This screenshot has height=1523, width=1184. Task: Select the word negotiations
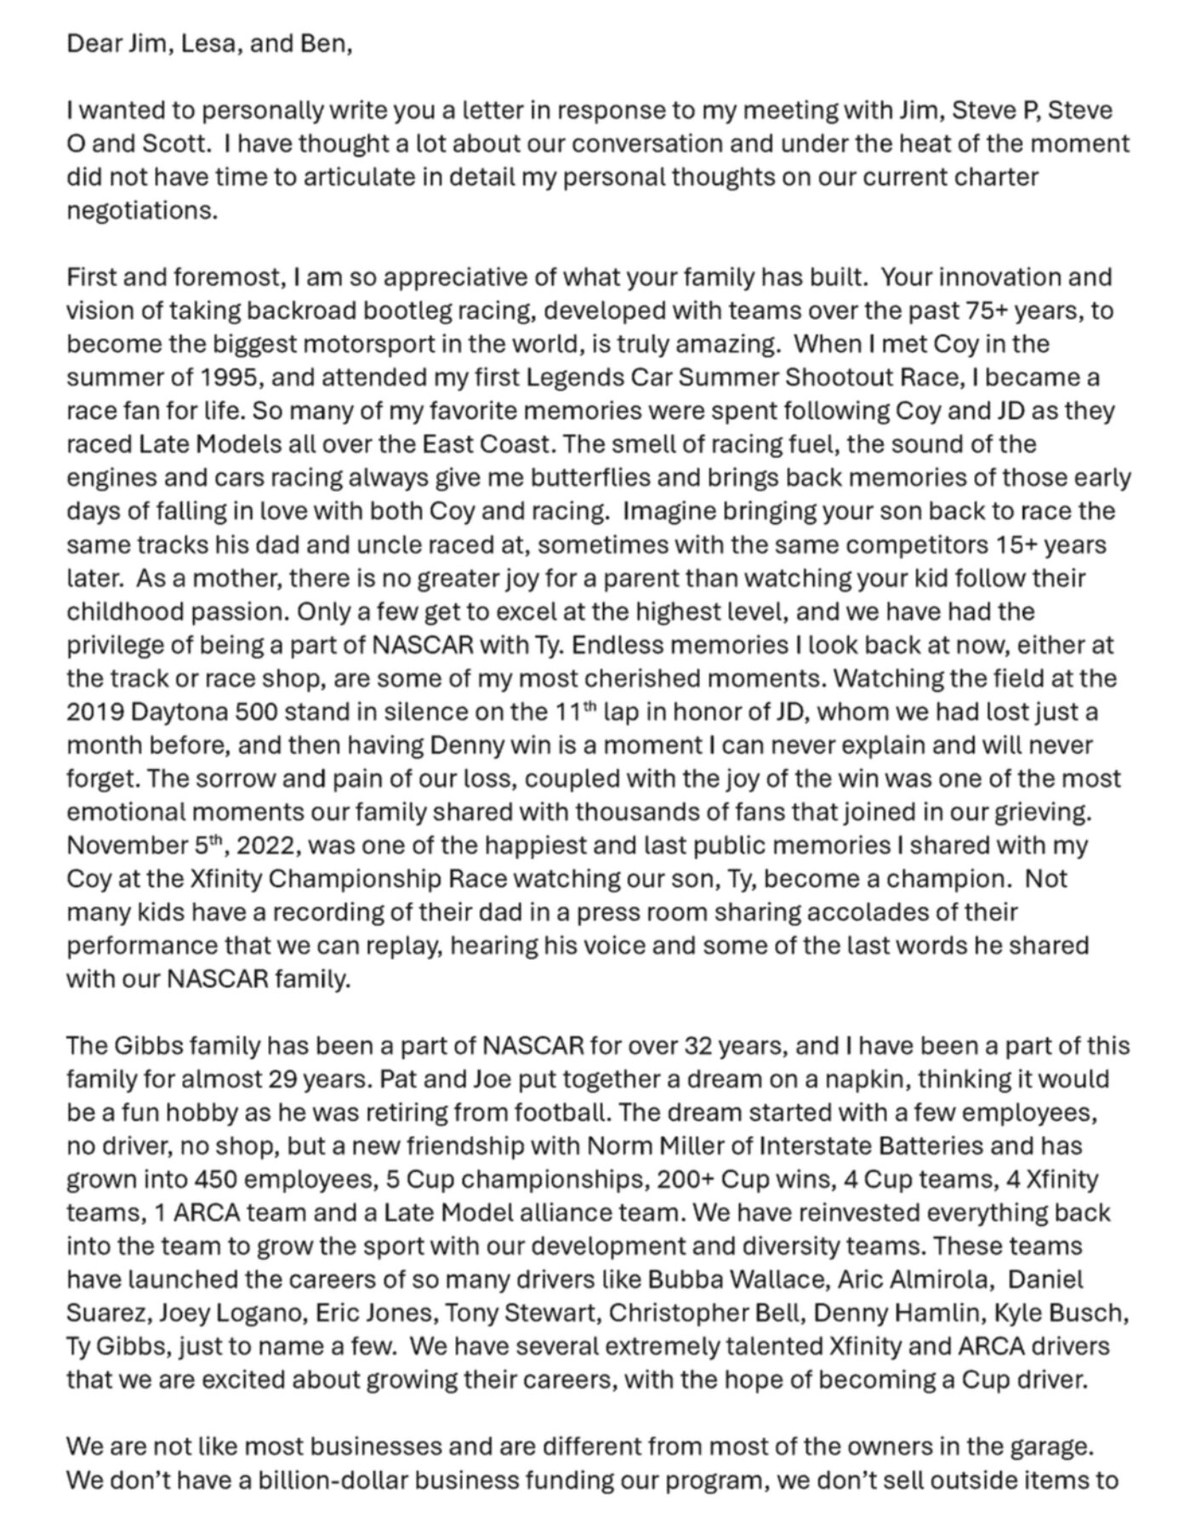141,210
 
